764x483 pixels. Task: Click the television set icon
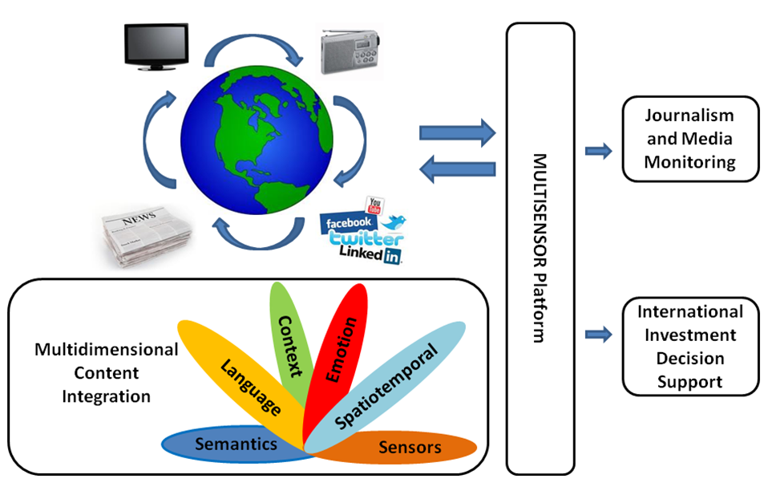point(156,47)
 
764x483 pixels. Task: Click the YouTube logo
point(373,205)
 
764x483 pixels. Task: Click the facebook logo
point(346,222)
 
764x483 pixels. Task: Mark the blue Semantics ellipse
point(236,444)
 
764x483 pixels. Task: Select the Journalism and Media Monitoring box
point(690,138)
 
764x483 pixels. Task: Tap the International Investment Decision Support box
point(690,347)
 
